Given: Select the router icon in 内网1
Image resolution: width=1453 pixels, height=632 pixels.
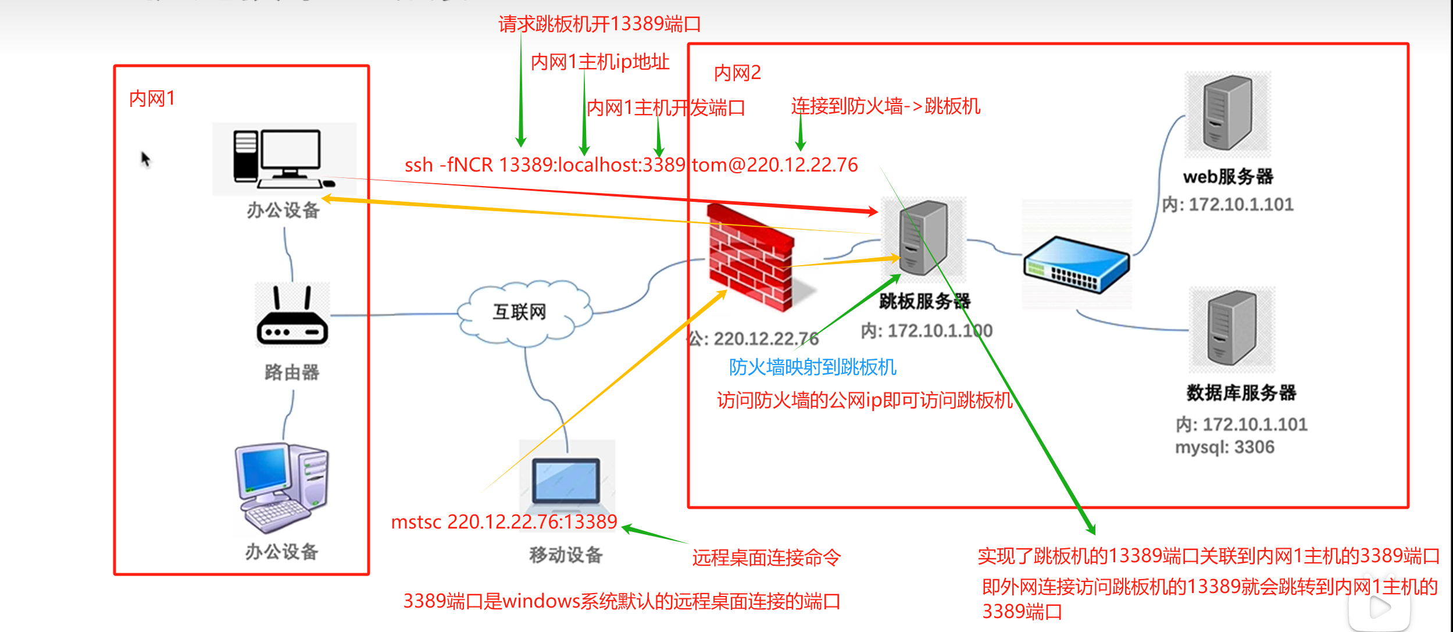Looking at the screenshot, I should [x=292, y=317].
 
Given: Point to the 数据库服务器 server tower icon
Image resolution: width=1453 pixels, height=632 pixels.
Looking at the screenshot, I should [x=1231, y=329].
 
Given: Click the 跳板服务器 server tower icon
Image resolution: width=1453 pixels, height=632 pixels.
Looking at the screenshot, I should [x=923, y=238].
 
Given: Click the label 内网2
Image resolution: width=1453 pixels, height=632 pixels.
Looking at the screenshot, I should [x=737, y=73].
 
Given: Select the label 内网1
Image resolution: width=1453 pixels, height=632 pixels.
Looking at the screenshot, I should [x=152, y=99].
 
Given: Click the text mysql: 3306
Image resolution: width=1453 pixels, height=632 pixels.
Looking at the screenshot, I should [x=1224, y=448].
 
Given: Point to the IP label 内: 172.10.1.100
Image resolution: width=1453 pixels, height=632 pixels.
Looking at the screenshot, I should [x=926, y=331].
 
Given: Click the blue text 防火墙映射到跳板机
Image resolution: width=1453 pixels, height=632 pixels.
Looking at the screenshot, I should [x=812, y=367].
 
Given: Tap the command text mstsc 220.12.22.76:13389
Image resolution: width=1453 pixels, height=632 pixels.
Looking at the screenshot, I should [x=504, y=522].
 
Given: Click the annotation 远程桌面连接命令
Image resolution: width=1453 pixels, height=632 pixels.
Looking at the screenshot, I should [x=766, y=558].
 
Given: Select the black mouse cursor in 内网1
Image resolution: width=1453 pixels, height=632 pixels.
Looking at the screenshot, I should [x=145, y=158].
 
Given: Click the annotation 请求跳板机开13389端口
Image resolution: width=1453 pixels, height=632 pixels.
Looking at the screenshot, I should [x=599, y=24].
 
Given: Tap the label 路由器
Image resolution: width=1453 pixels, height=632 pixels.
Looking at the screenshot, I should [x=292, y=373].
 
